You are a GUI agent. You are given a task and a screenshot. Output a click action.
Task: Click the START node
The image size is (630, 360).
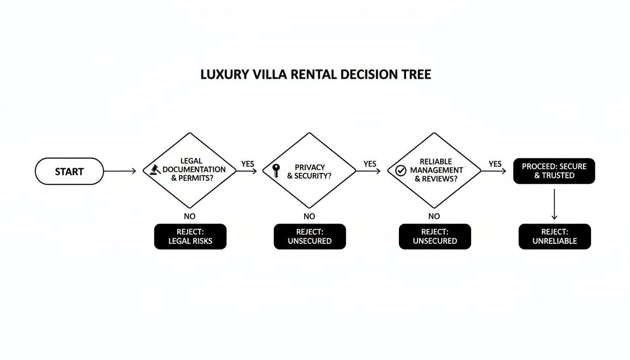(x=69, y=171)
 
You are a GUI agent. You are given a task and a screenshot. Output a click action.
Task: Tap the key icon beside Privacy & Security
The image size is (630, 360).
(x=276, y=170)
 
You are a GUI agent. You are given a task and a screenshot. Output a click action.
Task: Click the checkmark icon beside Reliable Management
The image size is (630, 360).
(x=400, y=171)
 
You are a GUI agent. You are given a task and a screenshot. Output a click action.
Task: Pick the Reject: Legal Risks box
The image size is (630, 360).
(x=190, y=236)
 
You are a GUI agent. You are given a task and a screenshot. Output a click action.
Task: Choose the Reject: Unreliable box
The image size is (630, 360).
(x=555, y=236)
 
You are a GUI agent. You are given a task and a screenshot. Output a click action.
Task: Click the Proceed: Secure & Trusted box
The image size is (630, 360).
(x=554, y=171)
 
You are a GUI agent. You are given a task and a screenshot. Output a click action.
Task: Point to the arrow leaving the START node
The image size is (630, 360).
(x=120, y=171)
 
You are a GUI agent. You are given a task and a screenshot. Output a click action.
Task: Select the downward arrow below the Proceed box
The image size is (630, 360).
(x=554, y=204)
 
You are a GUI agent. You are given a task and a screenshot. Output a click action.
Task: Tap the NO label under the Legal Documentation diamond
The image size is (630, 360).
(x=189, y=216)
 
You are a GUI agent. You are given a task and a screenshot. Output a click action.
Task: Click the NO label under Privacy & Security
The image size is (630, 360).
(x=309, y=216)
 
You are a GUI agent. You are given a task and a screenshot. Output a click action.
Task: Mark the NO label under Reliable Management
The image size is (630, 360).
(x=434, y=216)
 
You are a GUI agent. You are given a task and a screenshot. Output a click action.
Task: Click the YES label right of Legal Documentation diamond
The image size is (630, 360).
(x=247, y=164)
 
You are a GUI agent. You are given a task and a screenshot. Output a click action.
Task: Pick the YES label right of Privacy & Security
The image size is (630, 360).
(x=370, y=164)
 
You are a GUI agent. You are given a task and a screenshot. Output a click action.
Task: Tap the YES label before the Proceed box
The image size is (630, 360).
(x=495, y=164)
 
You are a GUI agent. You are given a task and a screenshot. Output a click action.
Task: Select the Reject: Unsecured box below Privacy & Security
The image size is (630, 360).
(x=309, y=236)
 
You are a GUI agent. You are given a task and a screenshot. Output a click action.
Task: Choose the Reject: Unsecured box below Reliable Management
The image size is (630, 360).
(x=435, y=236)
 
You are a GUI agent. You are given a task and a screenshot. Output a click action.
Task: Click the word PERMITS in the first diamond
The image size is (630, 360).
(x=196, y=178)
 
